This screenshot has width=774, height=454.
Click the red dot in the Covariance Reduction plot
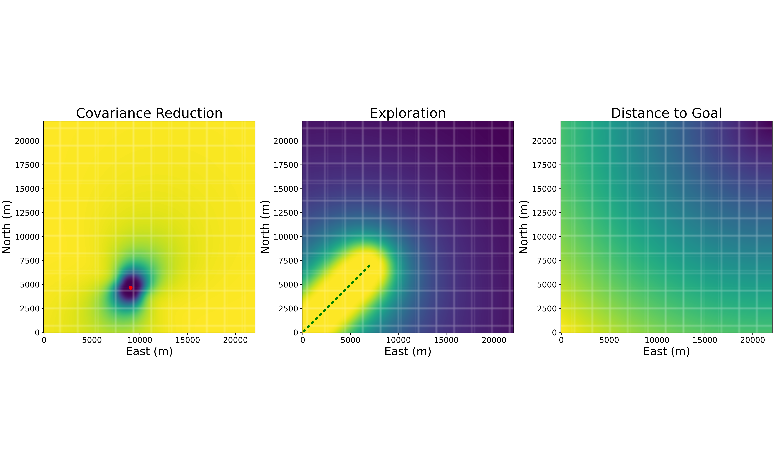click(x=130, y=288)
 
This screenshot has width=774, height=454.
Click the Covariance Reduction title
click(x=149, y=113)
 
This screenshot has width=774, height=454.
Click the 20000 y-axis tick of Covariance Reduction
click(x=27, y=141)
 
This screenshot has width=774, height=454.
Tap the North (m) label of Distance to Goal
click(x=523, y=227)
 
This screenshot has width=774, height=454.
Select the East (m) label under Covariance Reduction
click(x=149, y=351)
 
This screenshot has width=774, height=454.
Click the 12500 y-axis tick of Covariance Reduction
click(x=27, y=213)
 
